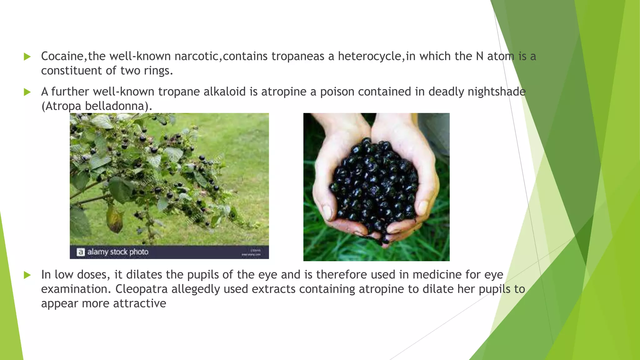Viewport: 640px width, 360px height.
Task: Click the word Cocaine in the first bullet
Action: [x=62, y=56]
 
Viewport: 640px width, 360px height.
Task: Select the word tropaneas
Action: [x=298, y=56]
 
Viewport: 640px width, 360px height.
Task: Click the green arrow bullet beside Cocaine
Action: [x=27, y=57]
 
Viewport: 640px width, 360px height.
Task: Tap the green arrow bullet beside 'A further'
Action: [x=27, y=92]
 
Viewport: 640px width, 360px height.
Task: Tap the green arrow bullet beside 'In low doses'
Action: [x=27, y=275]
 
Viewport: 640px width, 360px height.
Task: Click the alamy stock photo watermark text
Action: [x=118, y=252]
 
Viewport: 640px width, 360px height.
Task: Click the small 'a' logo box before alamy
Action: [x=81, y=252]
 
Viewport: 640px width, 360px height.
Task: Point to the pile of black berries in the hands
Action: [x=373, y=184]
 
